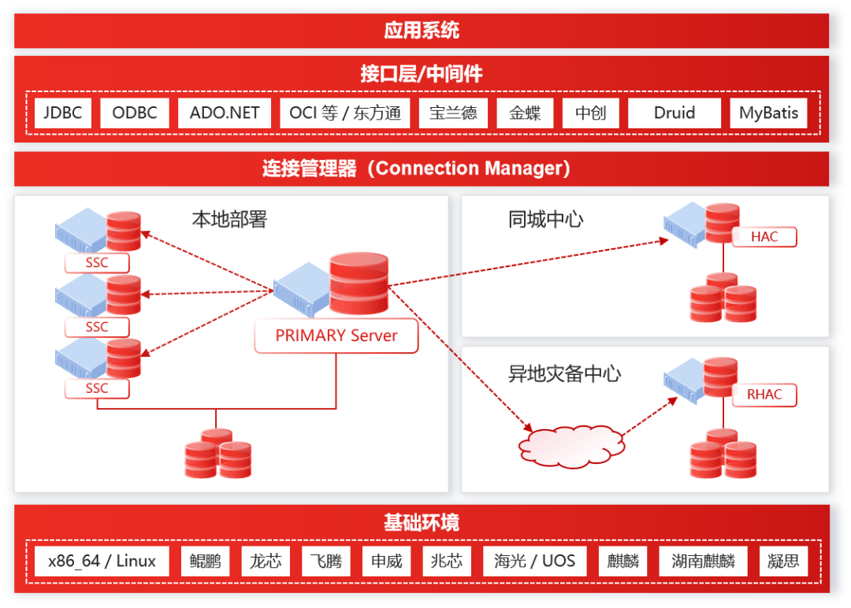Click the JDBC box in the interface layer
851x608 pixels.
click(63, 113)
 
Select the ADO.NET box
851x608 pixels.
click(225, 113)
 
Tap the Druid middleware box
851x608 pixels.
click(674, 113)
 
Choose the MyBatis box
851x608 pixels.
click(768, 113)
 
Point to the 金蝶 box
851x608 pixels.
click(525, 113)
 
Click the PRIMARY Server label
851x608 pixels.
click(336, 336)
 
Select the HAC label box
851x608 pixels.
click(764, 237)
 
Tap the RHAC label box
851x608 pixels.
click(764, 395)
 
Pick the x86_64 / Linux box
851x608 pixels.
click(102, 562)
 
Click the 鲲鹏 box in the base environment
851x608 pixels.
click(206, 562)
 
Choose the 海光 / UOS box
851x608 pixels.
click(535, 562)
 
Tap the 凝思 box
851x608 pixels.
click(784, 562)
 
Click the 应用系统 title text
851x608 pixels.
click(422, 31)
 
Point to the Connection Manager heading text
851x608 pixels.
click(416, 169)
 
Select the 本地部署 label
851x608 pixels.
click(229, 219)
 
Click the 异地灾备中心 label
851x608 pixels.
click(564, 373)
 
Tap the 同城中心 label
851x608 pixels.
click(546, 219)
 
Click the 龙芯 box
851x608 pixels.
click(266, 562)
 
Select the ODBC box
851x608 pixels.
click(135, 113)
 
